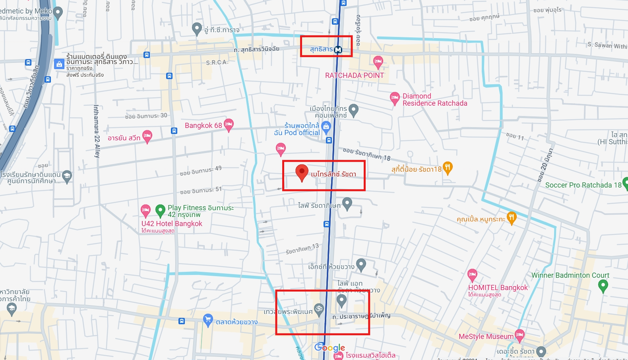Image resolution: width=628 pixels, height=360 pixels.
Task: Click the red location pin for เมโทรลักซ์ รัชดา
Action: (302, 172)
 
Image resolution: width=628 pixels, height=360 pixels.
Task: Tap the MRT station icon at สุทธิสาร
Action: (338, 50)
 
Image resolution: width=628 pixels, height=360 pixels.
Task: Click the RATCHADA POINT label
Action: (354, 75)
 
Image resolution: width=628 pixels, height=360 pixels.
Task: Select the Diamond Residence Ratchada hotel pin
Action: (394, 98)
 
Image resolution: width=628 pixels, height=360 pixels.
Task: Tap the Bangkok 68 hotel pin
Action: (229, 124)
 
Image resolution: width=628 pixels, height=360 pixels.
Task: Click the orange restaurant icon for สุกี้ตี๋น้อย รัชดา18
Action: (448, 167)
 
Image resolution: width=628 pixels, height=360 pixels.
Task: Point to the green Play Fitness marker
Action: (160, 210)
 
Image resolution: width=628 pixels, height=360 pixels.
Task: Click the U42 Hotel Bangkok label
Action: (172, 224)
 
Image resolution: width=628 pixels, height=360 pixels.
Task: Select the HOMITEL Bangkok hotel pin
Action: (472, 274)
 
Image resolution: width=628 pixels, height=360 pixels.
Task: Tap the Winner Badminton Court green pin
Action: (603, 285)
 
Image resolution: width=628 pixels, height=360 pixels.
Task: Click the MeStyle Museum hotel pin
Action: (519, 335)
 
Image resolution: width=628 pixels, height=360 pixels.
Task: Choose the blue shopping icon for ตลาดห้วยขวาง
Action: (207, 319)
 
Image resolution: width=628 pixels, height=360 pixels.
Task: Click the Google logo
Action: (330, 348)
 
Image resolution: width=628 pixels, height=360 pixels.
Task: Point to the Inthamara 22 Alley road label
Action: (97, 131)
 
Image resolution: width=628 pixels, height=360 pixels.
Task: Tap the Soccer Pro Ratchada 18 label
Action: (583, 185)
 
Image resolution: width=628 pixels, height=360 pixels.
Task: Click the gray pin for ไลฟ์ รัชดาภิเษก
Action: (347, 203)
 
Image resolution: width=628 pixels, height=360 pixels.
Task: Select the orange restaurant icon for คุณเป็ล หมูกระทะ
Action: (512, 217)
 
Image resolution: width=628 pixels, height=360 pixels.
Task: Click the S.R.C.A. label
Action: (217, 62)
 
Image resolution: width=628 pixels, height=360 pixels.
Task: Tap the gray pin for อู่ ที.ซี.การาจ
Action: (197, 28)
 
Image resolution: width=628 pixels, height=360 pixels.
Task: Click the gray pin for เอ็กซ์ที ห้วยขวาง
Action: (361, 264)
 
